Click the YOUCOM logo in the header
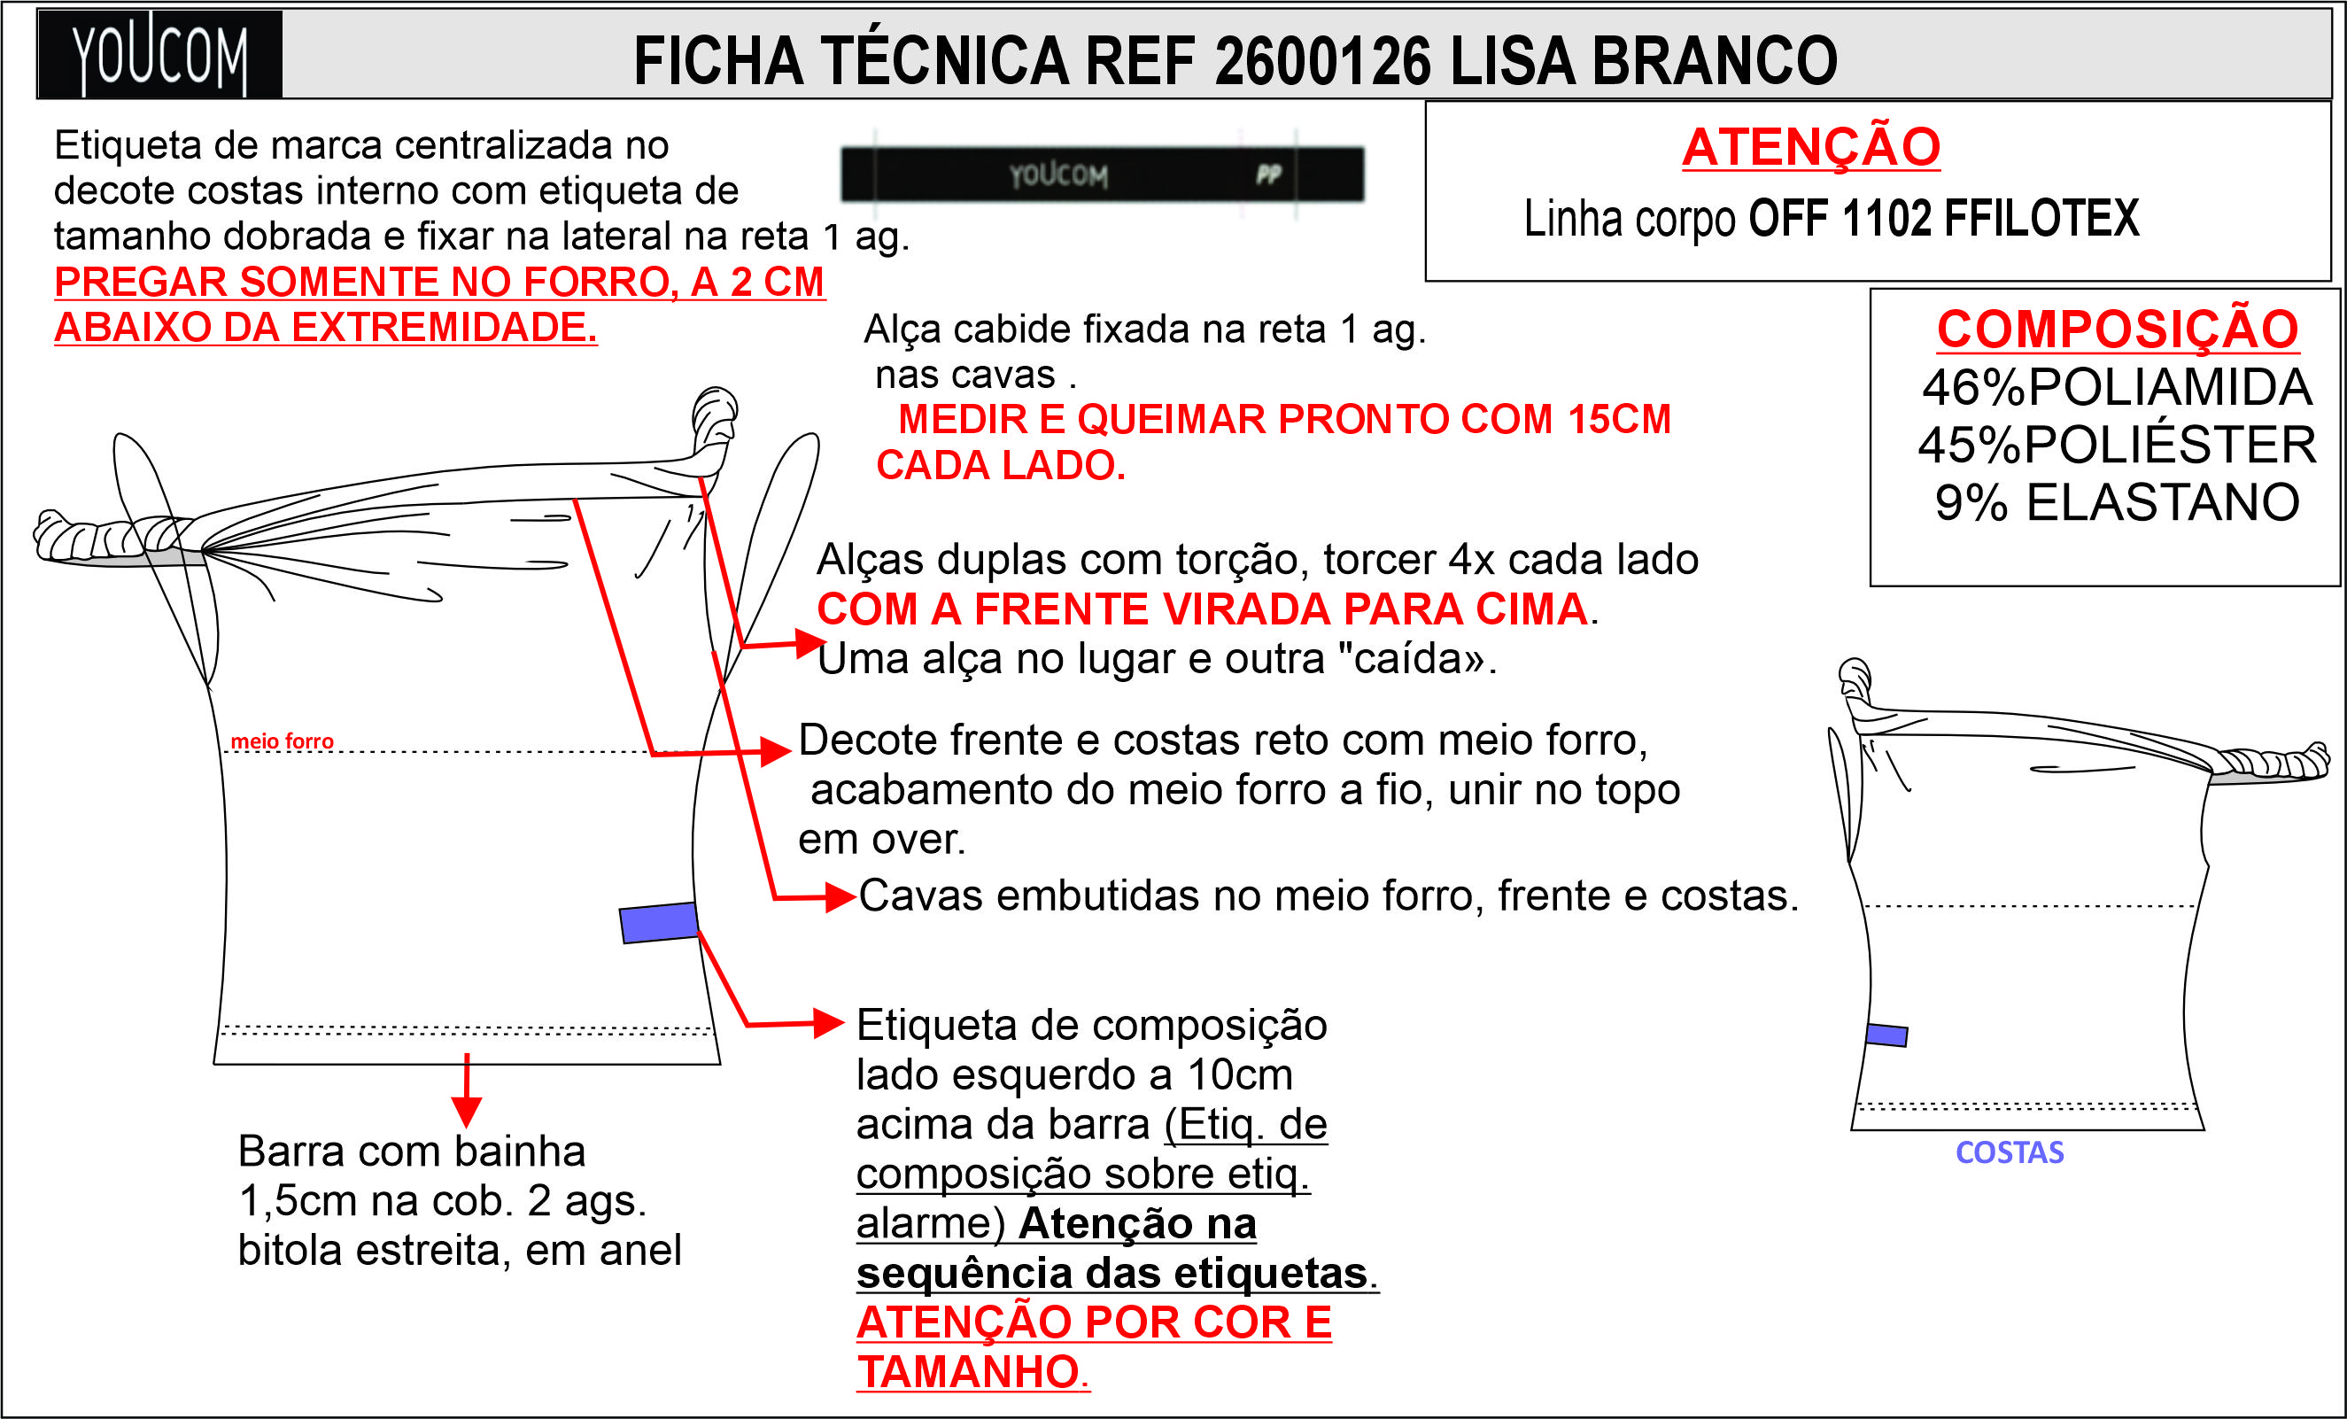(x=159, y=55)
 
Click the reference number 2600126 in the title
(x=1322, y=61)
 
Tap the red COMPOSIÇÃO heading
(x=2118, y=329)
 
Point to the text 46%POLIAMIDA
(x=2117, y=387)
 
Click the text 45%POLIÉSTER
(x=2117, y=445)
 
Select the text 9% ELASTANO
(x=2117, y=502)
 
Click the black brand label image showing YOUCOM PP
(x=1102, y=174)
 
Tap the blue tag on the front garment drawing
(x=658, y=923)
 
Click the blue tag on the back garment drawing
(x=1886, y=1035)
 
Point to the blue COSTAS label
(x=2010, y=1152)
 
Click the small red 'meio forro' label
(x=282, y=741)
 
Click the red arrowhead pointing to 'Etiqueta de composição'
(x=829, y=1023)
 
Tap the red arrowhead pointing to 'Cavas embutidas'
(x=840, y=897)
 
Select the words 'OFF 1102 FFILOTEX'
(x=1943, y=218)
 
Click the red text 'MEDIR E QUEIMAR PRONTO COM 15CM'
(x=1284, y=419)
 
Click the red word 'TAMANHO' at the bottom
(x=968, y=1372)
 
